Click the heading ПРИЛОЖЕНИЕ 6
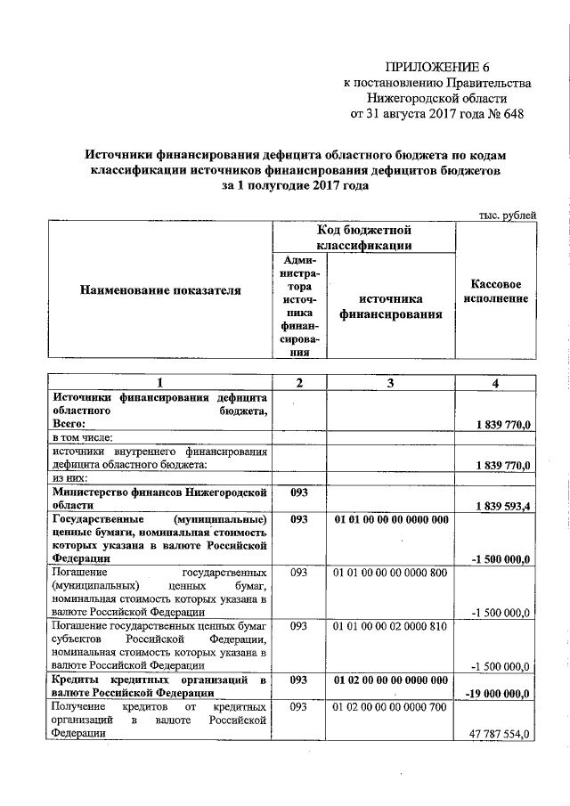point(438,67)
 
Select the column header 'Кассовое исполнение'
point(496,290)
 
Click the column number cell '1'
point(160,382)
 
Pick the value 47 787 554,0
point(500,734)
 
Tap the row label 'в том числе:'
point(83,438)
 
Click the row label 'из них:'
point(72,478)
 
